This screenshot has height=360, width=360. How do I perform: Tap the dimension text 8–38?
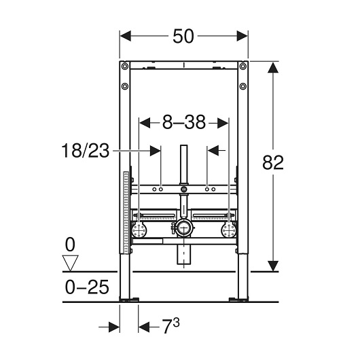pos(184,122)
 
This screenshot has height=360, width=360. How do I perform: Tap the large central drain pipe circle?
pos(183,228)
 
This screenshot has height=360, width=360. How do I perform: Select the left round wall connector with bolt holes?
pos(141,230)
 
